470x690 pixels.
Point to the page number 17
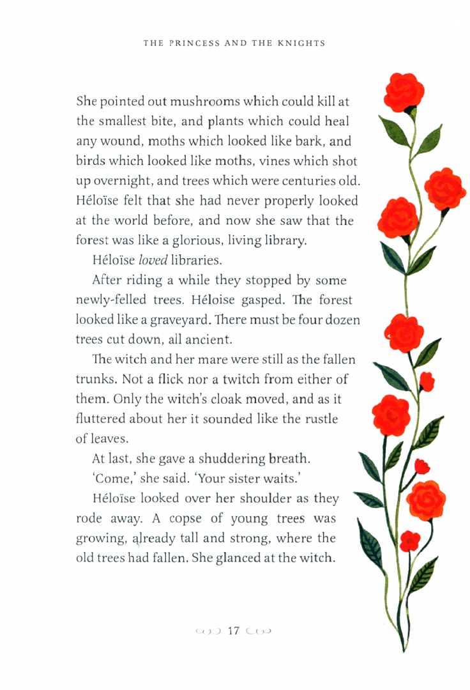(233, 631)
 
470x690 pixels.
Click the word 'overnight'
(126, 181)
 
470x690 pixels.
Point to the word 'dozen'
(342, 321)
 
